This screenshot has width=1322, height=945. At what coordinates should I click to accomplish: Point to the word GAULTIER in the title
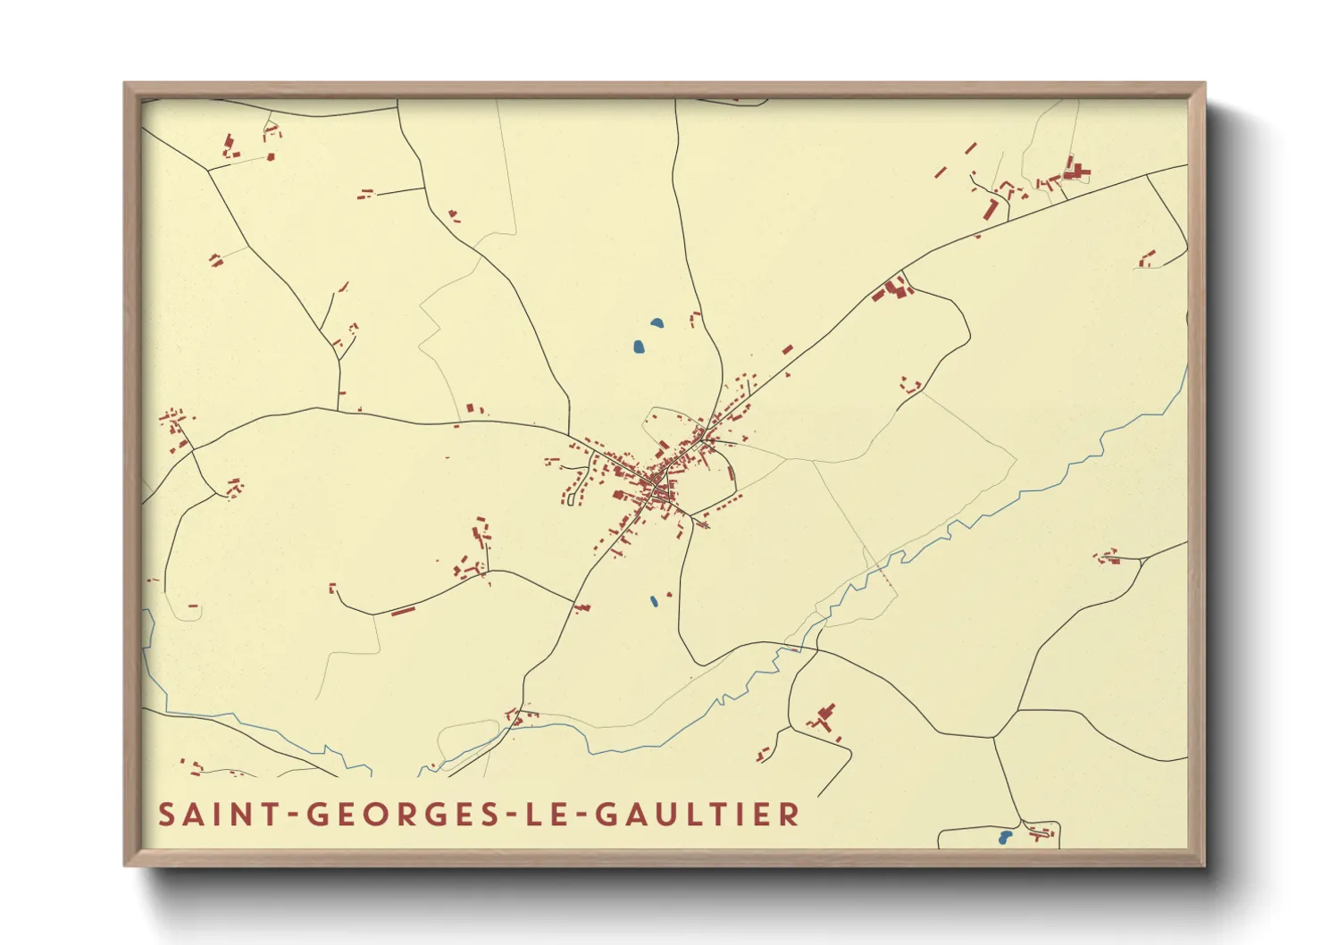tap(697, 815)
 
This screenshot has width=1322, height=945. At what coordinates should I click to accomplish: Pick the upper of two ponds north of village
tap(657, 323)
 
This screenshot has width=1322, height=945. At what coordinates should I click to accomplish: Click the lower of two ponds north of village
tap(640, 347)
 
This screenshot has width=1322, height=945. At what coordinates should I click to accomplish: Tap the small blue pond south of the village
tap(655, 601)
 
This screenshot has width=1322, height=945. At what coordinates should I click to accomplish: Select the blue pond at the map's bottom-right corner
tap(1004, 837)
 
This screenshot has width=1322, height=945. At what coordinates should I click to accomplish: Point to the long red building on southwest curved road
tap(404, 611)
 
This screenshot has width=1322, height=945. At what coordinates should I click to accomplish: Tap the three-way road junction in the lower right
tap(993, 737)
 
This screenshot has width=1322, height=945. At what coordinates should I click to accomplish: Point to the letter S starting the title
tap(166, 815)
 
